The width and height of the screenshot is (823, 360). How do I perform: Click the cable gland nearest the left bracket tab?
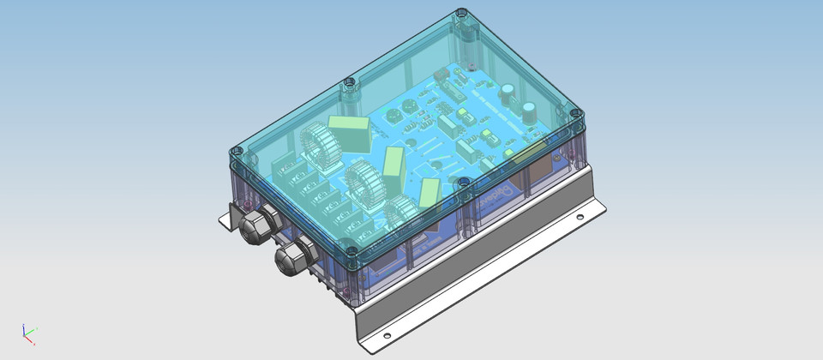click(255, 225)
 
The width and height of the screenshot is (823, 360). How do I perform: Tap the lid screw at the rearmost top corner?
click(461, 14)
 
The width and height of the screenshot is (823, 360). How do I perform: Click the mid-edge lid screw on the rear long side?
click(348, 83)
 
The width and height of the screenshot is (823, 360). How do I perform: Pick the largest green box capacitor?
click(351, 133)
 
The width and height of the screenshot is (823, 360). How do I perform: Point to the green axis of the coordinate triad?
click(33, 331)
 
